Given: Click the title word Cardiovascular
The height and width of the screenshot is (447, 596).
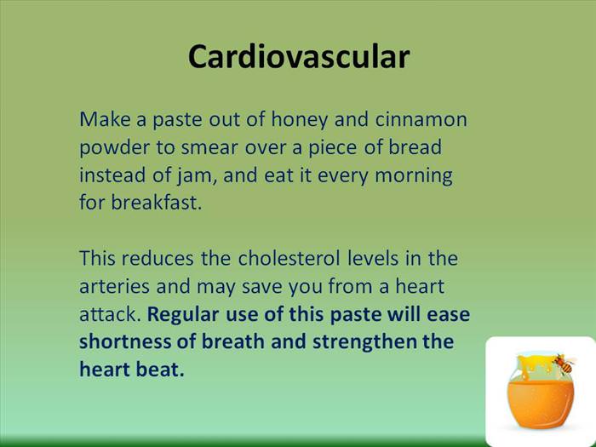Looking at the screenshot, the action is [299, 57].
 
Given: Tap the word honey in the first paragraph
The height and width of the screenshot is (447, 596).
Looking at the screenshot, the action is [299, 120].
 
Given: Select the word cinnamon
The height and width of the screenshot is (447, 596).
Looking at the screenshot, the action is [421, 119].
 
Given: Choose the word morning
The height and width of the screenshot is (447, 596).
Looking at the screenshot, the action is [414, 176].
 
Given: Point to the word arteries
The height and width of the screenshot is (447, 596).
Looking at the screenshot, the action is [114, 287].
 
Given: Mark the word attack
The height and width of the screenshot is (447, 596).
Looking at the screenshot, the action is [110, 314].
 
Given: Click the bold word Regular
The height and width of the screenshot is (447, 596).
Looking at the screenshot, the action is [183, 315].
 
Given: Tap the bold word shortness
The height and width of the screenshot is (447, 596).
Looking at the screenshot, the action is [124, 341].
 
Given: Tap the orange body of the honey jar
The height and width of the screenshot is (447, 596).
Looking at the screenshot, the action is [541, 404].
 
